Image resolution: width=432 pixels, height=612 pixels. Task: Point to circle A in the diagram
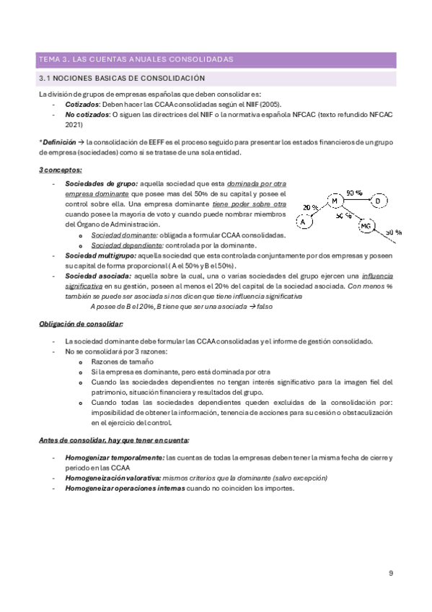point(304,222)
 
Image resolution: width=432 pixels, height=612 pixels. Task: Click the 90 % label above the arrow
point(354,193)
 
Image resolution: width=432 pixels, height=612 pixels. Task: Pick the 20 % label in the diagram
point(311,207)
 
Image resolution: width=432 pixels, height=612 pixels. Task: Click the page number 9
point(390,574)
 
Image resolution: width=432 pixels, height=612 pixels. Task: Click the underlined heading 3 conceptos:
point(60,170)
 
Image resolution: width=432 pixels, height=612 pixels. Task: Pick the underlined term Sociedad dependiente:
point(123,245)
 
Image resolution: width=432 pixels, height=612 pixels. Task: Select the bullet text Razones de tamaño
point(123,361)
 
